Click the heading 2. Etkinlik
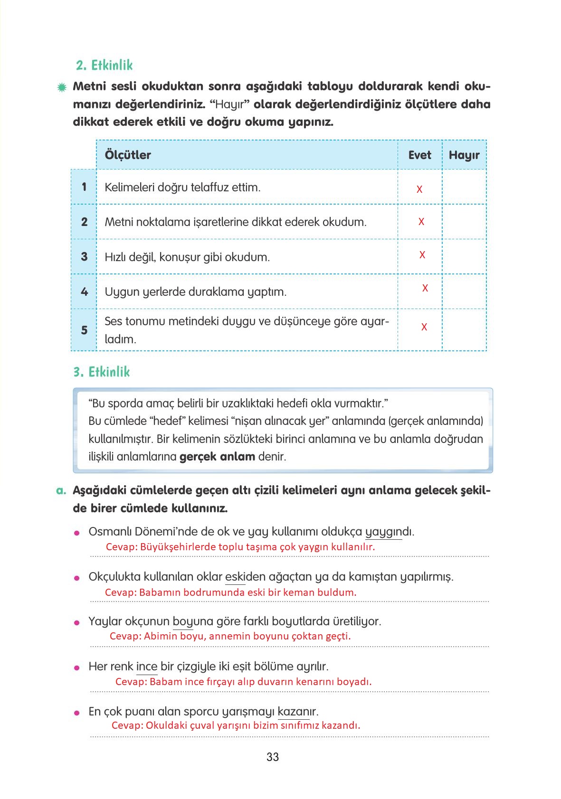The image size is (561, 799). (104, 65)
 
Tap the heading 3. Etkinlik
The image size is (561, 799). (101, 372)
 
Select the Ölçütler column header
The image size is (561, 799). (127, 155)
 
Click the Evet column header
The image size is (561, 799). (419, 155)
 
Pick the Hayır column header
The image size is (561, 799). (464, 155)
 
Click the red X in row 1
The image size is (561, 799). (419, 189)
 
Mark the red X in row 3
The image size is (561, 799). (422, 255)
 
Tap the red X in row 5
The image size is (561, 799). (424, 327)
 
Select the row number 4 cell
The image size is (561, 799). (84, 291)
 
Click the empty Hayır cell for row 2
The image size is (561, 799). (464, 222)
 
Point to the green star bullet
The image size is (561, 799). (61, 87)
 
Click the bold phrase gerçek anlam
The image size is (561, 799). (217, 457)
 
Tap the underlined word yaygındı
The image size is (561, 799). (389, 532)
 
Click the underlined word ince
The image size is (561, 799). (146, 667)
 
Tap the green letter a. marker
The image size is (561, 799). (61, 490)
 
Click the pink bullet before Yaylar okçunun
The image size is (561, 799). (76, 622)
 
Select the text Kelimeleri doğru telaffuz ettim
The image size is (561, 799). (182, 187)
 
